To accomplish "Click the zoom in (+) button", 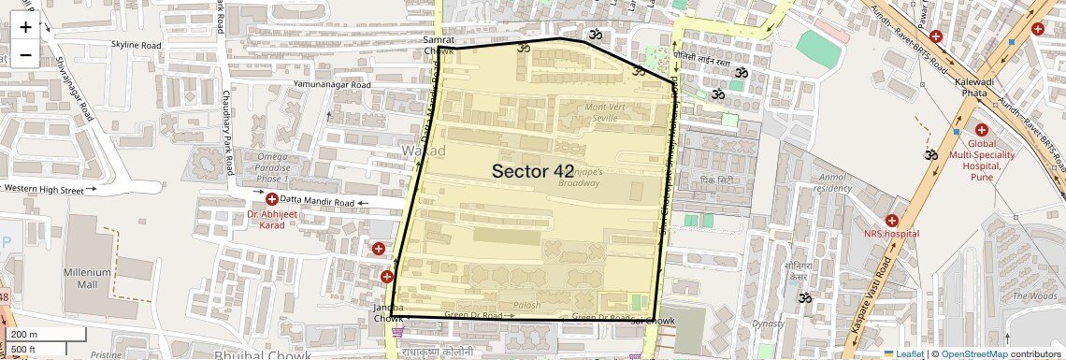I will pos(25,27).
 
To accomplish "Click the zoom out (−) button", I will pos(25,53).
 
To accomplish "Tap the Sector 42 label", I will pos(532,171).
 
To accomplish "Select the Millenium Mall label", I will pos(87,278).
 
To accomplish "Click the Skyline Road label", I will pos(136,45).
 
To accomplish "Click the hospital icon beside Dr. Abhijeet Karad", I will pos(271,199).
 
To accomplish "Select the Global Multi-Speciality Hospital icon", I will pos(981,130).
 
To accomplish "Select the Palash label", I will pos(526,305).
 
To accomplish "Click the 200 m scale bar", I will pos(44,334).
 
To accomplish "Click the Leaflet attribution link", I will pos(903,353).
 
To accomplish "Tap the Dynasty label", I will pos(769,324).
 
